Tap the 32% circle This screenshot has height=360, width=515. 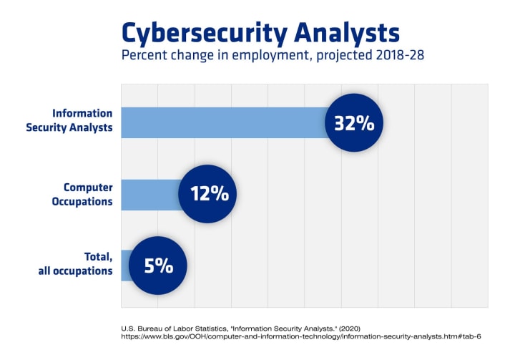354,122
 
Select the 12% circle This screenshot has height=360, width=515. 207,193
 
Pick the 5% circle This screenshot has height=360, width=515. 158,266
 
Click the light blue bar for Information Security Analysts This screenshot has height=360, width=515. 222,122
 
